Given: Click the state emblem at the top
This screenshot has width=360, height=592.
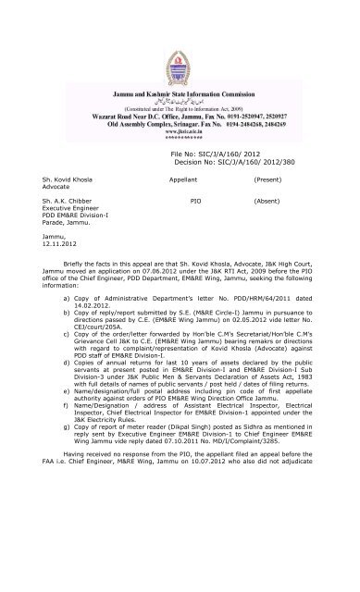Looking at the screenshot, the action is click(x=179, y=32).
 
